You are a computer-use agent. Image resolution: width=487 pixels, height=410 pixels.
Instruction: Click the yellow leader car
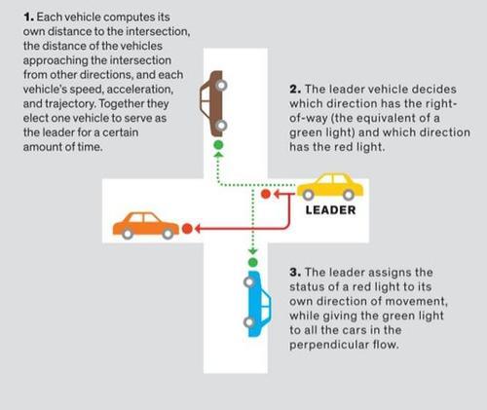(x=330, y=186)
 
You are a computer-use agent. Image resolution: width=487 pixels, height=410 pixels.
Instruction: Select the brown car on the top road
(x=213, y=103)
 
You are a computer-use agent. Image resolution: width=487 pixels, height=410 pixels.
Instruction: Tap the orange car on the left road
(x=146, y=226)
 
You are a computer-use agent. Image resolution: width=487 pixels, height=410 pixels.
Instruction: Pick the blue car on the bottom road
(x=257, y=304)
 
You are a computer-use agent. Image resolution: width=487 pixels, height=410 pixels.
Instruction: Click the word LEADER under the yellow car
(x=330, y=210)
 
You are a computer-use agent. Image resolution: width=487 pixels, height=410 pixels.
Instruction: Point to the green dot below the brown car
(x=218, y=145)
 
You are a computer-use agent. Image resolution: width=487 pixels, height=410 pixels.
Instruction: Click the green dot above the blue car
(x=252, y=262)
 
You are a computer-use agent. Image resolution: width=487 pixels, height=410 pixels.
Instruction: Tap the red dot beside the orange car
(x=187, y=229)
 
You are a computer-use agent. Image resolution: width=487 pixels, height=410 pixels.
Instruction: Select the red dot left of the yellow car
(x=266, y=194)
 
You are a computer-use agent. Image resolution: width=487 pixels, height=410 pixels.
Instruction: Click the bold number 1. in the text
(x=28, y=18)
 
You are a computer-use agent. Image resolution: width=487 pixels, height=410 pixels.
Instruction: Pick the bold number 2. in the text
(x=295, y=90)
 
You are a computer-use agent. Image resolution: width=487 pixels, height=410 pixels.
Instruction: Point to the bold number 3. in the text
(x=295, y=272)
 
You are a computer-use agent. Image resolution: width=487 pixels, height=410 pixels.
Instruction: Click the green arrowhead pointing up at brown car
(x=218, y=155)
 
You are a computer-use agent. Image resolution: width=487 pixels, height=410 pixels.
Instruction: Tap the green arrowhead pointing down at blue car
(x=252, y=251)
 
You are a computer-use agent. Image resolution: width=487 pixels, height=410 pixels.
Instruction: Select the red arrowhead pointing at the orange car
(x=197, y=229)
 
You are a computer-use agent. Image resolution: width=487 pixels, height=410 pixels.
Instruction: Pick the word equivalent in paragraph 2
(x=390, y=118)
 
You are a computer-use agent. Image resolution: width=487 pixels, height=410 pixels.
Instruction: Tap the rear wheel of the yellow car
(x=349, y=195)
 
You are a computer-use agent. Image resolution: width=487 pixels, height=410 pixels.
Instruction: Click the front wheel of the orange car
(x=168, y=234)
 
